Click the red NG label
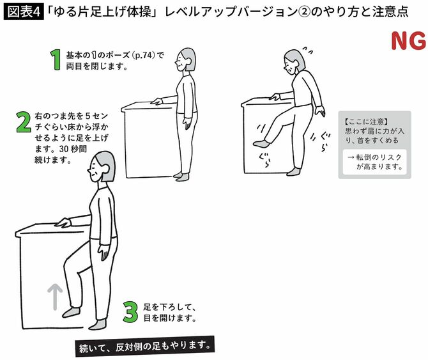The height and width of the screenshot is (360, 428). pos(408,42)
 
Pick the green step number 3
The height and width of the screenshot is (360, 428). pos(130,311)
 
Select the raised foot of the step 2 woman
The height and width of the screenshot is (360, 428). pos(72,311)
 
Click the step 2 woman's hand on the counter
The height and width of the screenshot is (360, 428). pos(63,223)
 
